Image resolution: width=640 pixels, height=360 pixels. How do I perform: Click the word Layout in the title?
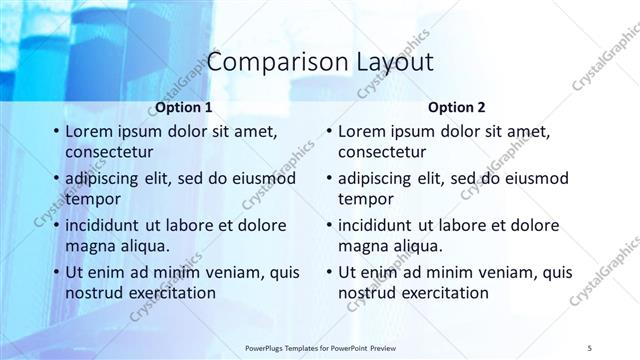(x=395, y=62)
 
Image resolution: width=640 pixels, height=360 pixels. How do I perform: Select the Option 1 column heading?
(x=185, y=107)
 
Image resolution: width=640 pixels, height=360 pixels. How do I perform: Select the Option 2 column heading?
(x=458, y=107)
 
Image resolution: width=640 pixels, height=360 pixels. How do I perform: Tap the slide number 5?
(x=591, y=349)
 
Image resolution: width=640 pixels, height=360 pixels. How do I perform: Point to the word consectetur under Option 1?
(x=109, y=152)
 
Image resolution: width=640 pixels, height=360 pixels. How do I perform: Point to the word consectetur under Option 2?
(x=382, y=152)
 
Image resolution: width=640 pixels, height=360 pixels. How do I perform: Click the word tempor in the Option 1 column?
(x=93, y=198)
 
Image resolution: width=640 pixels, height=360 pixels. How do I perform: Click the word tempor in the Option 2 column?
(x=366, y=198)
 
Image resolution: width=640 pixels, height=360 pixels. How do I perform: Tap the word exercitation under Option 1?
(x=165, y=293)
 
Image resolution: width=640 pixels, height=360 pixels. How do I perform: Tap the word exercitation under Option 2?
(x=438, y=293)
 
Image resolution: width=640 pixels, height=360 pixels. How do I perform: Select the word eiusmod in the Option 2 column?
(x=535, y=178)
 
